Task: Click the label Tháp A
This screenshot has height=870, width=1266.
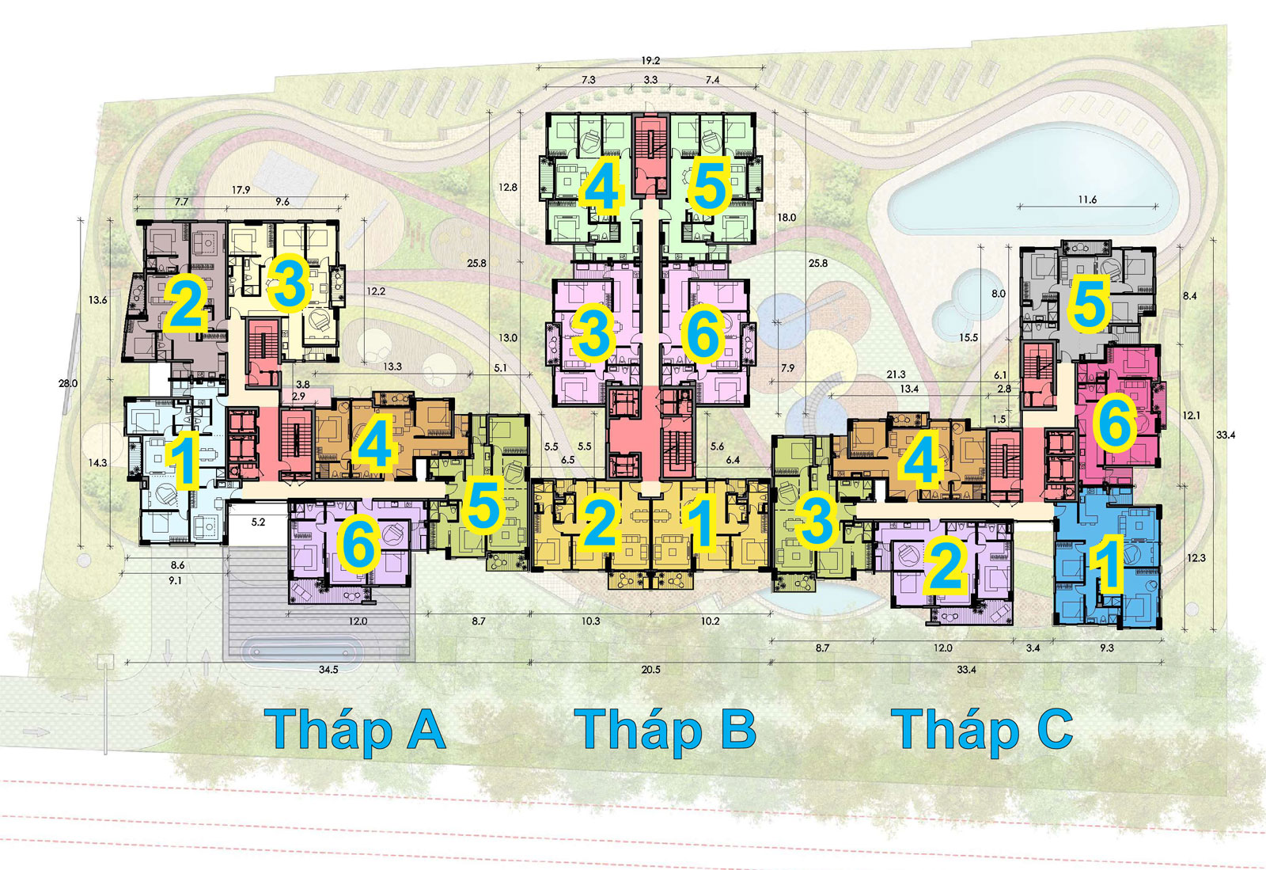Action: coord(355,731)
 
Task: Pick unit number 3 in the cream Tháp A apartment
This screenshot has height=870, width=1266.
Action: coord(287,283)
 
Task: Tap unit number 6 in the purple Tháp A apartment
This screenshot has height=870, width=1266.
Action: coord(358,544)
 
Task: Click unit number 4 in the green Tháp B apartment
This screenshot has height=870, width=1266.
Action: coord(601,188)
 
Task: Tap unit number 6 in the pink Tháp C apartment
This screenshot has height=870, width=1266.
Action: coord(1114,424)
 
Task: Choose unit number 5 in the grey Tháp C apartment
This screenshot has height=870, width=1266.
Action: coord(1088,304)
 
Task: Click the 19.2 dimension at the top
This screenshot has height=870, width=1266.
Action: coord(650,61)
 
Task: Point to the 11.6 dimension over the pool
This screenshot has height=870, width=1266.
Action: coord(1087,199)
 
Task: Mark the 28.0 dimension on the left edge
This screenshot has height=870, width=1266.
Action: coord(68,383)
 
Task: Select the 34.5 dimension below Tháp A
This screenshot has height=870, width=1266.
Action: coord(328,670)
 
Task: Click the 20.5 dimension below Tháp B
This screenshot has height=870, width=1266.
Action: coord(650,670)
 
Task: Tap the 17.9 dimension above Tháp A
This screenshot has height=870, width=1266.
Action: coord(241,190)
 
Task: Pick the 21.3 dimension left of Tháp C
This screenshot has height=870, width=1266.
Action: coord(896,374)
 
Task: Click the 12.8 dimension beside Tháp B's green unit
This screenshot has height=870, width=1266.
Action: coord(508,188)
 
